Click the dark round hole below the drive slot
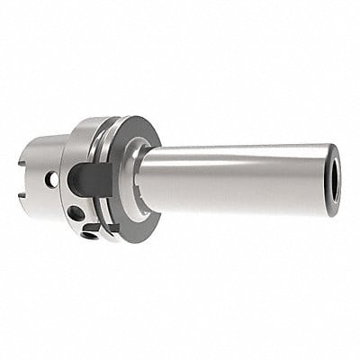(77, 214)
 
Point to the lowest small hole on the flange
(90, 236)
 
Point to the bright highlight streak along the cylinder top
(234, 154)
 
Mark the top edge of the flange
(108, 120)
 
